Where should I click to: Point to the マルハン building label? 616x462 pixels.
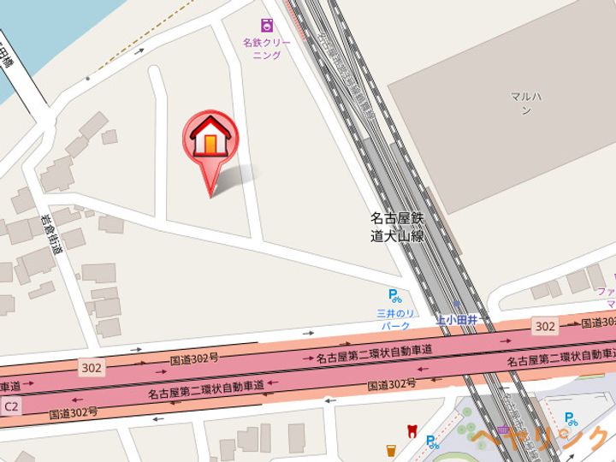click(x=522, y=104)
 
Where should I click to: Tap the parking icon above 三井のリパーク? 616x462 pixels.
click(x=394, y=297)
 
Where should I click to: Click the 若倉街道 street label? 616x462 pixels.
click(x=50, y=234)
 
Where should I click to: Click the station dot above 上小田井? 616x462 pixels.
click(x=459, y=305)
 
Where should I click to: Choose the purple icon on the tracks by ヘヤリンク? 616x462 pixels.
click(x=504, y=429)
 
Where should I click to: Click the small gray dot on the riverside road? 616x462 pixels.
click(x=87, y=79)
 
